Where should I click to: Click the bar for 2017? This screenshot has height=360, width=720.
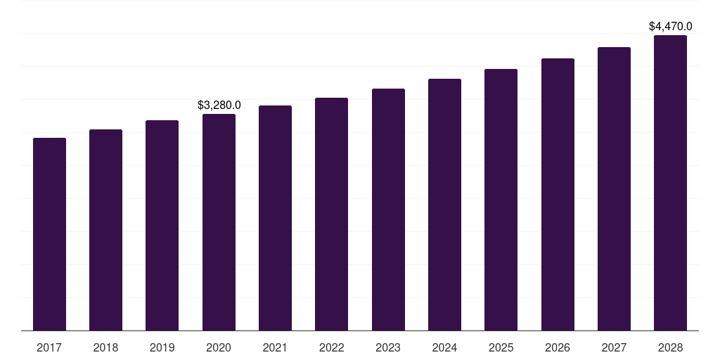(x=49, y=234)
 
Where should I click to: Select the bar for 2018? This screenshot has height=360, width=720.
(x=105, y=230)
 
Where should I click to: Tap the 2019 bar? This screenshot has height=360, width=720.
(x=162, y=225)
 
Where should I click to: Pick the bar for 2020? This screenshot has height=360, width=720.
(x=219, y=222)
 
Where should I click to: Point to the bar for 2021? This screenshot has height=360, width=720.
(x=275, y=218)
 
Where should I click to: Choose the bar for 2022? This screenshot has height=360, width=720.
(x=331, y=214)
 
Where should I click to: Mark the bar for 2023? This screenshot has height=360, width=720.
(x=388, y=210)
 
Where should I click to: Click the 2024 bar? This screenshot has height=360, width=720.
(x=444, y=205)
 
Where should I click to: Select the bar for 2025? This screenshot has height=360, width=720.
(x=501, y=200)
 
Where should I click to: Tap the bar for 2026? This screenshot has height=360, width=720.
(x=558, y=194)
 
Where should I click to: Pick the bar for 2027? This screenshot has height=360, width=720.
(x=614, y=188)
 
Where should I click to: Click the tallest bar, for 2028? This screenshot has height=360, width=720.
(x=670, y=183)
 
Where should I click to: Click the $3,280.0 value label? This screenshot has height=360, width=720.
(x=219, y=105)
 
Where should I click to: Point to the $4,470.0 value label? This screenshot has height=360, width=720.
(x=670, y=26)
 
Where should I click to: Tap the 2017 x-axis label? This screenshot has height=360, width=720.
(x=49, y=347)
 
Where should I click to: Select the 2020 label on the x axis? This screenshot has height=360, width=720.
(x=219, y=347)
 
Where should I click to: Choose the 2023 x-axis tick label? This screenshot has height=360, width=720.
(x=388, y=347)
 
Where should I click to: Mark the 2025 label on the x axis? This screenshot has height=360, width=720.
(x=501, y=347)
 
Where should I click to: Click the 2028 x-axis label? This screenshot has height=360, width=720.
(x=670, y=347)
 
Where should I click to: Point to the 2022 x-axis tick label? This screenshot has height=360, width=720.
(x=331, y=347)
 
